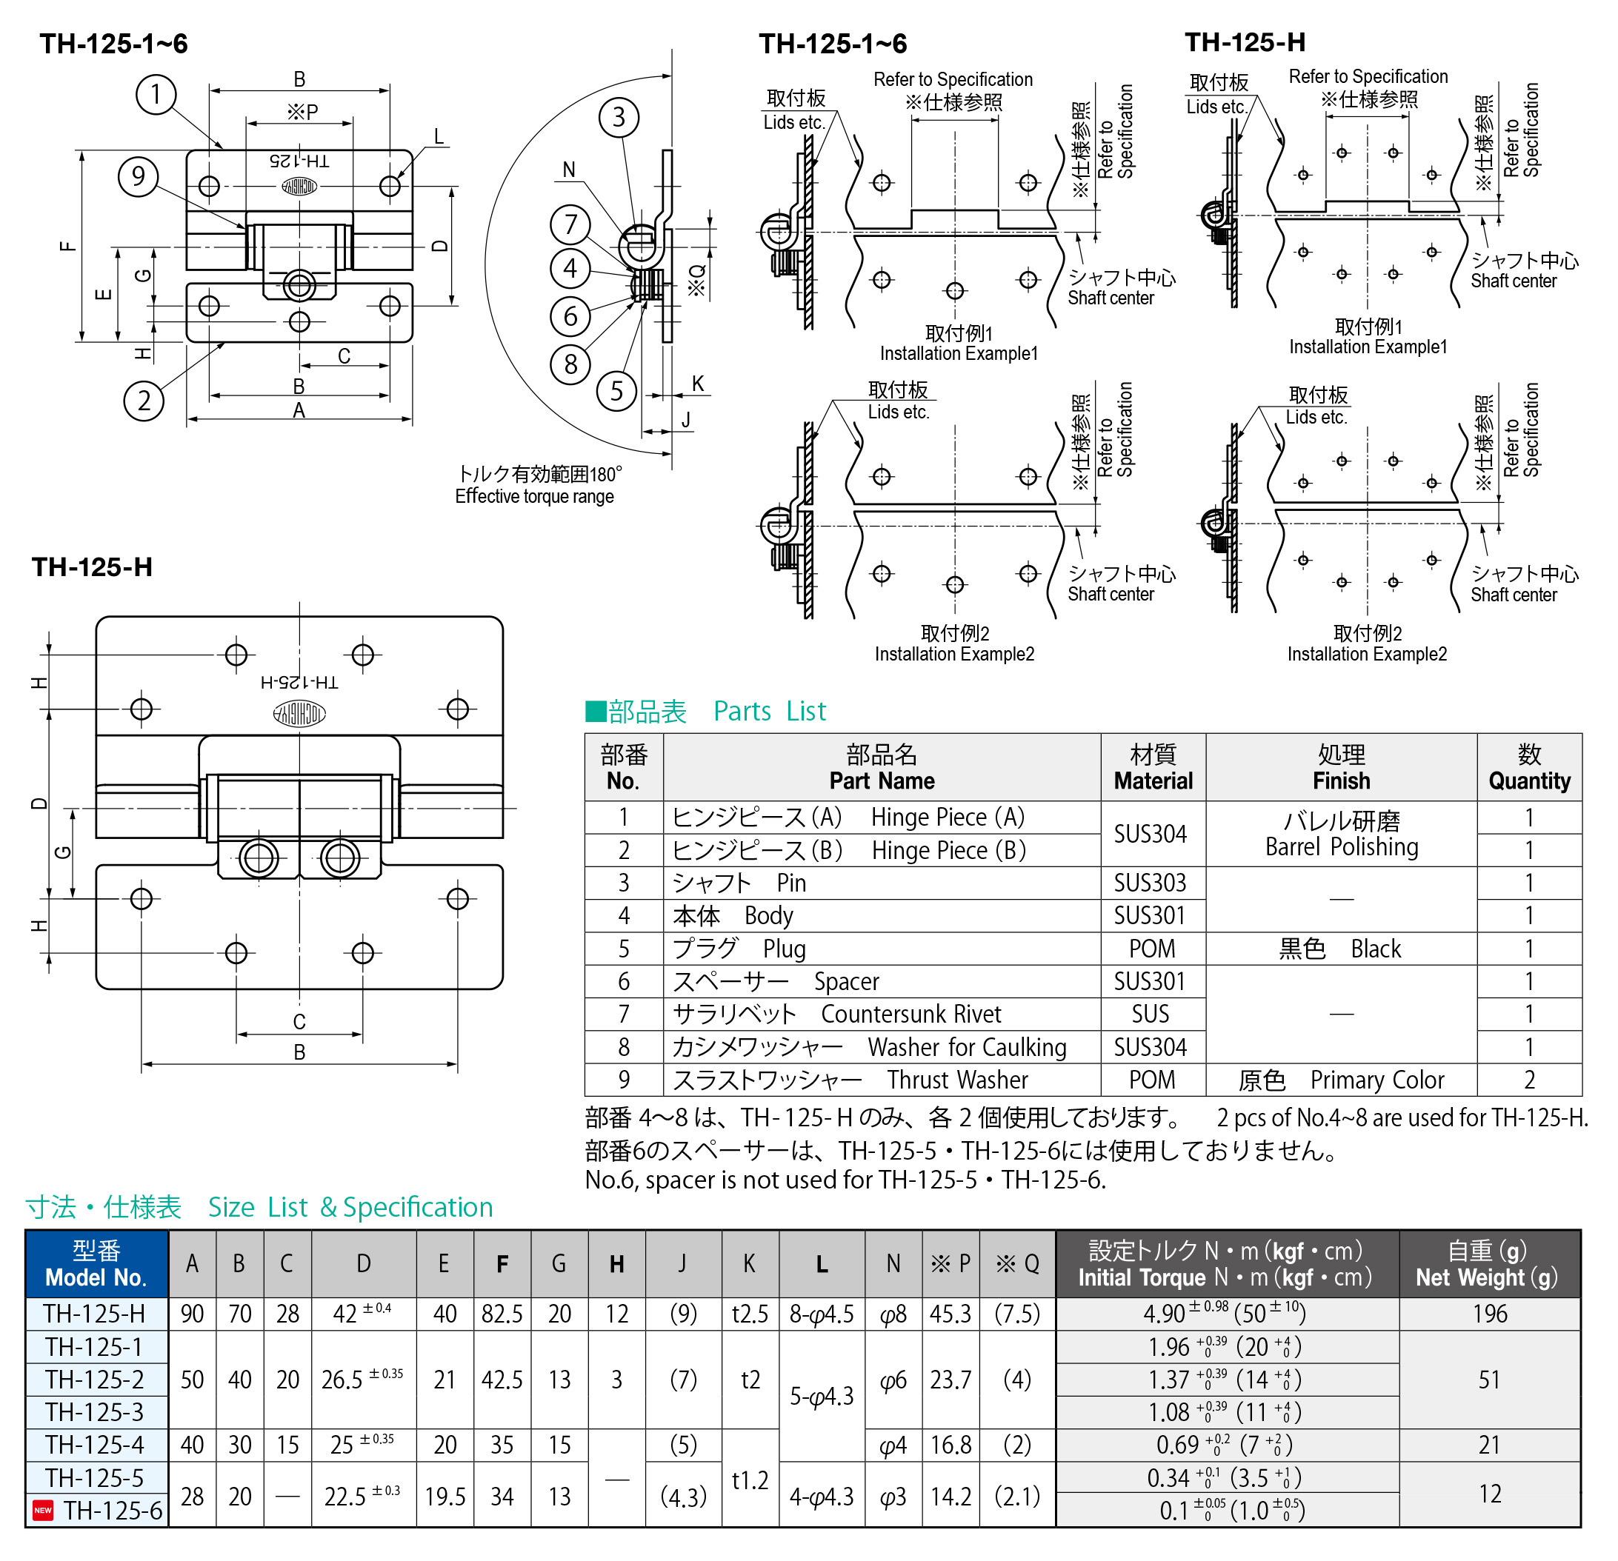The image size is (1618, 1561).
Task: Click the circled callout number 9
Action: pyautogui.click(x=138, y=176)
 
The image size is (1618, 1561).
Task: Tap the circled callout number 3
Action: pyautogui.click(x=619, y=117)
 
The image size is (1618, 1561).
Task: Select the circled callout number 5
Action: pyautogui.click(x=616, y=391)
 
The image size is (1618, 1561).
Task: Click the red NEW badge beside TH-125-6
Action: pyautogui.click(x=43, y=1510)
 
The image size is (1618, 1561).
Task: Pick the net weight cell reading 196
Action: pyautogui.click(x=1489, y=1314)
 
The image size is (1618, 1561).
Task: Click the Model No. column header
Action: pyautogui.click(x=96, y=1263)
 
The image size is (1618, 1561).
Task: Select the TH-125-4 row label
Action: pyautogui.click(x=95, y=1445)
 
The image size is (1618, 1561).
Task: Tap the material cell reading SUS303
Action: pyautogui.click(x=1150, y=883)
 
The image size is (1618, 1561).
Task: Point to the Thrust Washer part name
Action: pyautogui.click(x=958, y=1079)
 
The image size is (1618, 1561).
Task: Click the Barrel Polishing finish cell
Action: pyautogui.click(x=1341, y=833)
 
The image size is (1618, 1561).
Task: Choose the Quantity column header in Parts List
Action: pyautogui.click(x=1529, y=767)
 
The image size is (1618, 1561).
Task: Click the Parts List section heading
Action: pyautogui.click(x=706, y=711)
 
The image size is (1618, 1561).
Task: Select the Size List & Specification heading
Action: pyautogui.click(x=259, y=1207)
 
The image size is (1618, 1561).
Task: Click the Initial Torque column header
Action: pyautogui.click(x=1226, y=1263)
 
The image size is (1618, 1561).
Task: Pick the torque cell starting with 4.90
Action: pyautogui.click(x=1226, y=1314)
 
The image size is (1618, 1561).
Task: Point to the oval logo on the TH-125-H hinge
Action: pyautogui.click(x=299, y=713)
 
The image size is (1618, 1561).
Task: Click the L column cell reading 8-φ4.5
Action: pyautogui.click(x=822, y=1314)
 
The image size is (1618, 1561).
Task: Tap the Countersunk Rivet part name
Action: pyautogui.click(x=910, y=1013)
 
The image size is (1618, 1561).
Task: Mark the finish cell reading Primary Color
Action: pyautogui.click(x=1341, y=1079)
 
